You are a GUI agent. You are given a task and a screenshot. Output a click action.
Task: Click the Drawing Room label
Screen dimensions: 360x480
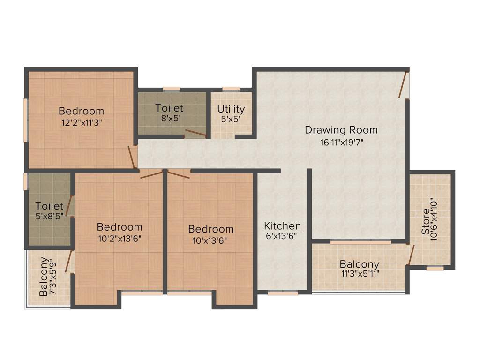[x=341, y=130]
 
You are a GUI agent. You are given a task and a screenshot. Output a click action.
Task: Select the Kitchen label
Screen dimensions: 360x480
[x=282, y=225]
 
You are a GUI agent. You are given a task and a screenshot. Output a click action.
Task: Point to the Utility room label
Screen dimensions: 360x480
[x=231, y=109]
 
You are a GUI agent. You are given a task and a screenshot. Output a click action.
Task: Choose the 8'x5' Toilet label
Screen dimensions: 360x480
[x=169, y=108]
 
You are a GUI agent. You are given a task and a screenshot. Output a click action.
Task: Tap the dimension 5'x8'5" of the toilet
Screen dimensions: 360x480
[x=49, y=217]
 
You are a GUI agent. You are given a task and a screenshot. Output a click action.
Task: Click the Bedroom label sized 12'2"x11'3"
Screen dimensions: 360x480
[x=81, y=111]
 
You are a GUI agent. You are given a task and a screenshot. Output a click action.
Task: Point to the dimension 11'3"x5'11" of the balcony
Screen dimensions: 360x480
[x=360, y=275]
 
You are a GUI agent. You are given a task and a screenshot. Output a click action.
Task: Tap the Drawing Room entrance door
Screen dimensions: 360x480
[x=404, y=84]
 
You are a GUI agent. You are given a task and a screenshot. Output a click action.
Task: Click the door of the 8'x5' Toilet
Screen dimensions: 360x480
[x=195, y=133]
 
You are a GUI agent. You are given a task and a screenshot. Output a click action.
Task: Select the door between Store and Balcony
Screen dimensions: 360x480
[x=411, y=255]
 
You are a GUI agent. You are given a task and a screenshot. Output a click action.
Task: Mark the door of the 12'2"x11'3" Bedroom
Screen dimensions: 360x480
[x=132, y=157]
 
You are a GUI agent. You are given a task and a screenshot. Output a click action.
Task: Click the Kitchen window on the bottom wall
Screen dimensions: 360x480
[x=283, y=293]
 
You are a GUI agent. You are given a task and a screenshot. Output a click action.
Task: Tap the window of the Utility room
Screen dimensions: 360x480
[x=231, y=89]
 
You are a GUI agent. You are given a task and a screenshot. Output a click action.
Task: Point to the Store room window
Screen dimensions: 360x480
[x=435, y=269]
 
